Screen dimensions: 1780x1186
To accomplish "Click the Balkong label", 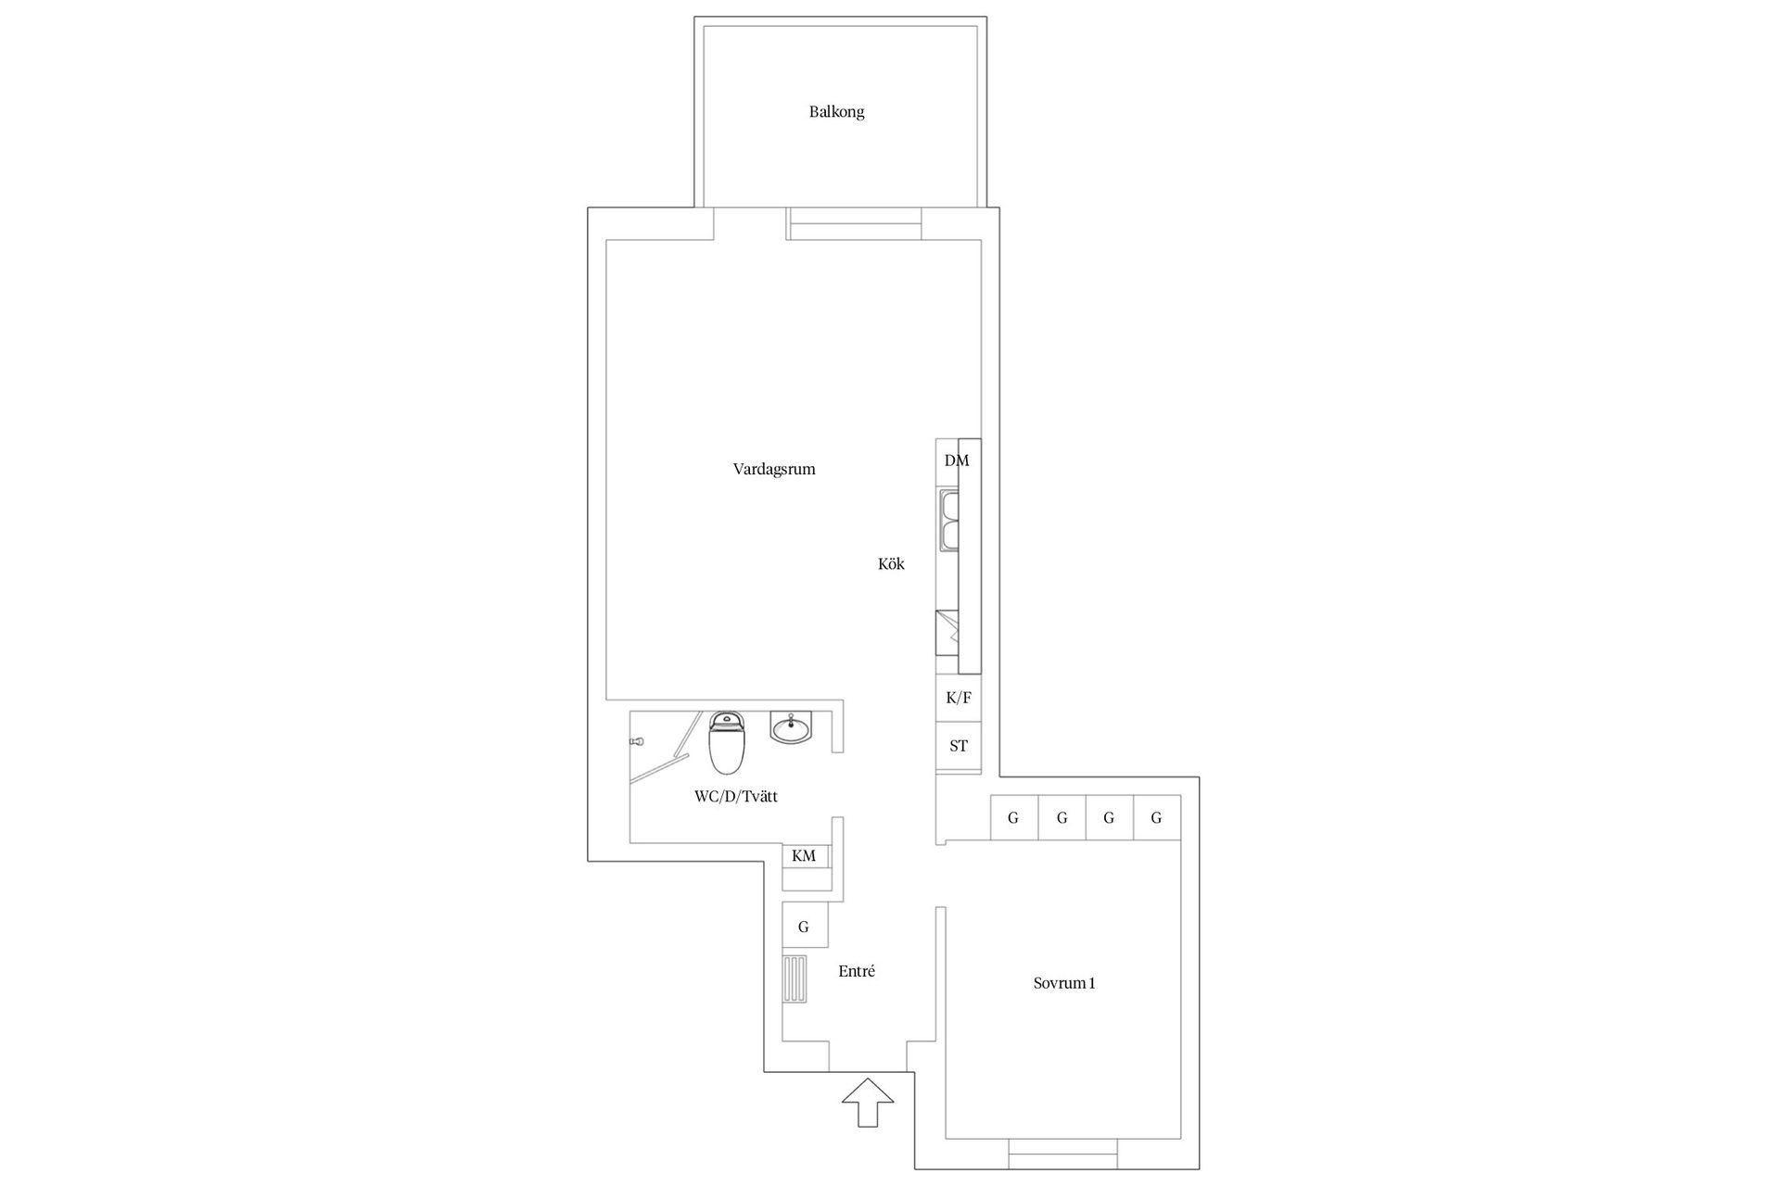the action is click(x=836, y=112).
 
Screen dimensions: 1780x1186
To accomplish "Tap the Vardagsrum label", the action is click(x=774, y=469).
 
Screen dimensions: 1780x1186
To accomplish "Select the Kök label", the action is click(x=891, y=563).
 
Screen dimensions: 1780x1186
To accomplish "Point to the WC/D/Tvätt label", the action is click(x=736, y=796).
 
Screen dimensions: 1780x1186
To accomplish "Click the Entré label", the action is click(x=857, y=971).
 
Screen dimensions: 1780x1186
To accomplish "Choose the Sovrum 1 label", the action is click(x=1064, y=983).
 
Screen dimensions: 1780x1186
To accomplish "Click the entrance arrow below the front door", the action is click(x=868, y=1103).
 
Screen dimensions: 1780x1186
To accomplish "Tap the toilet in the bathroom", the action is click(x=727, y=742).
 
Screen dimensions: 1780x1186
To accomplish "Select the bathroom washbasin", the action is click(x=792, y=727).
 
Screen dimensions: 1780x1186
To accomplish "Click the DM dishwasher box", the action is click(x=957, y=461).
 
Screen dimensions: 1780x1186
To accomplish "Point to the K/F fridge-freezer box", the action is click(x=959, y=698).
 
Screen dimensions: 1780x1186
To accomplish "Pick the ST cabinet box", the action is click(x=959, y=745).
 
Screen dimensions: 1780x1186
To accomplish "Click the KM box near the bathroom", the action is click(x=805, y=856).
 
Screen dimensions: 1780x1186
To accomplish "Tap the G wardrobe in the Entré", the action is click(x=805, y=927).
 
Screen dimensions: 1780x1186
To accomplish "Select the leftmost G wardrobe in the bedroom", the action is click(x=1014, y=818).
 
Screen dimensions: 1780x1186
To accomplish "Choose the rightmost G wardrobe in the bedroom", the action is click(x=1157, y=818).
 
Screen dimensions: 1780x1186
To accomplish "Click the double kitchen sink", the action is click(x=947, y=521).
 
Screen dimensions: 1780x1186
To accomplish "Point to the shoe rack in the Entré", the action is click(x=795, y=978).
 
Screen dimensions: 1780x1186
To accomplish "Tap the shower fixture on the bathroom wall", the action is click(x=636, y=742).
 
